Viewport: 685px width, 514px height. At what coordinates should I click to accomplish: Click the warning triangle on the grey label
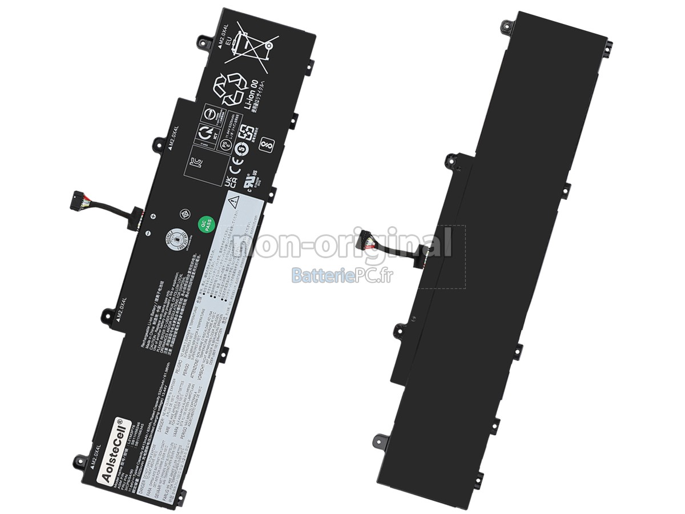point(233,201)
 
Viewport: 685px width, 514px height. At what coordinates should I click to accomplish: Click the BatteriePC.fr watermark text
point(342,276)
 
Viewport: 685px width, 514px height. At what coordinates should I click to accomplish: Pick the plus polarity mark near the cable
point(153,216)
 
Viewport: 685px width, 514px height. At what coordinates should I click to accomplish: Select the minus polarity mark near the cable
point(147,233)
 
